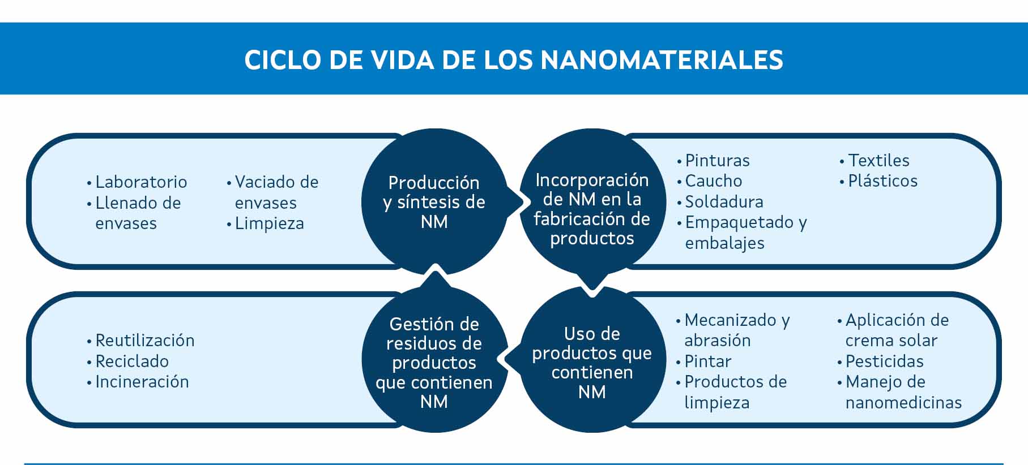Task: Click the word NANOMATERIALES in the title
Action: (x=662, y=60)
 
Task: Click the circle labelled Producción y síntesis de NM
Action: (x=434, y=201)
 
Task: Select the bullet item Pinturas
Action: (x=713, y=161)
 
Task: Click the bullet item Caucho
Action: (x=709, y=181)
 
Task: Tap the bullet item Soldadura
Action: (x=720, y=202)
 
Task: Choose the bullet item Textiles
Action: (x=875, y=161)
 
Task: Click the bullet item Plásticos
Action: (x=878, y=181)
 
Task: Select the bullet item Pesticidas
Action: (x=880, y=361)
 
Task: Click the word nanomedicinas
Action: (x=903, y=403)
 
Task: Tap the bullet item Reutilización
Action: (x=140, y=341)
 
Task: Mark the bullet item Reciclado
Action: (x=127, y=361)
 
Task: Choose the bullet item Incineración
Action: (x=138, y=382)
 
